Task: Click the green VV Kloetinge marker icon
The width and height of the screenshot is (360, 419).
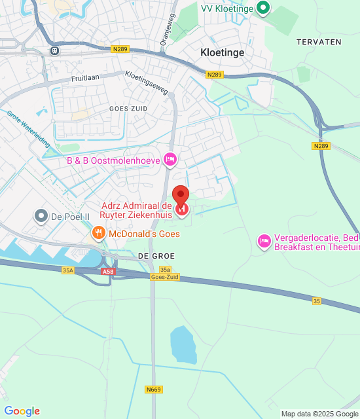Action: tap(263, 8)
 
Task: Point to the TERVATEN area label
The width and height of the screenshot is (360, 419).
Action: tap(318, 41)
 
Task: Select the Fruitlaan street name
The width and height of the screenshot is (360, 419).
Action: tap(86, 78)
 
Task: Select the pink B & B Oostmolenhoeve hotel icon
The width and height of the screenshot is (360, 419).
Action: tap(170, 159)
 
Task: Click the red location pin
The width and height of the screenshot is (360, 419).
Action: tap(181, 196)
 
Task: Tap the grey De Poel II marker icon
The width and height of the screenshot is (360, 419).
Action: tap(41, 215)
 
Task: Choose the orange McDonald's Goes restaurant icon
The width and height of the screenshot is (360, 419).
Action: tap(98, 233)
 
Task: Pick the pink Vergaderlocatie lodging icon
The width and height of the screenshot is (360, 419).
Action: tap(264, 242)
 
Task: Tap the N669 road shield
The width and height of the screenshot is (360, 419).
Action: tap(153, 390)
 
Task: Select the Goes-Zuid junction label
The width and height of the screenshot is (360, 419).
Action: tap(164, 277)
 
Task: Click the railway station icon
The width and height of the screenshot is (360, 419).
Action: tap(54, 50)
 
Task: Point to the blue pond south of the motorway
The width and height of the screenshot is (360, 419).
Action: tap(183, 345)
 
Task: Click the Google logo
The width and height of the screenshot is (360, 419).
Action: tap(22, 411)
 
